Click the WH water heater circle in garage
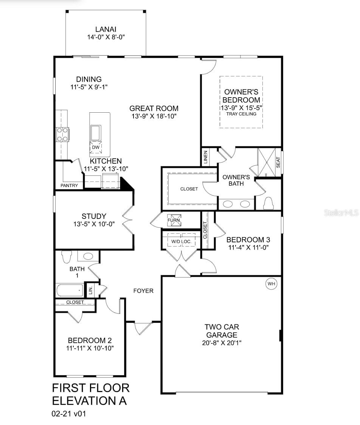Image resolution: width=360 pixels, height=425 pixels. point(271,284)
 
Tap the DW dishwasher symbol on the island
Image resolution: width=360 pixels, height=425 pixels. point(95,147)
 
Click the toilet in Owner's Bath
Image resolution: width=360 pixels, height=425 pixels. point(268,203)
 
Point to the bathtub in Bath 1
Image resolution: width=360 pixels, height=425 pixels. point(70,290)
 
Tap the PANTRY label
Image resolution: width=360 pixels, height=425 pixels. point(69,186)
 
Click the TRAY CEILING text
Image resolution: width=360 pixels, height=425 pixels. point(241,114)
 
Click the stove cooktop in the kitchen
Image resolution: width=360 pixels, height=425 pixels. point(62,134)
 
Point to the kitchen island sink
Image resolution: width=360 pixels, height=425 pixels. point(95,133)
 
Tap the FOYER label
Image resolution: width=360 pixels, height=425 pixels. point(143,291)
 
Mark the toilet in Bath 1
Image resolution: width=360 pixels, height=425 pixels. point(67,256)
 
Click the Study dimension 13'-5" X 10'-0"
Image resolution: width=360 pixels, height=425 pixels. point(94,224)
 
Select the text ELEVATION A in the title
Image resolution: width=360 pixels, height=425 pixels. point(89,400)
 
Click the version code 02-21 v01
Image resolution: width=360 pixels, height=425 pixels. point(69,414)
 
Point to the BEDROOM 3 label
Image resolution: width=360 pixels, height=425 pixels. point(248,240)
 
